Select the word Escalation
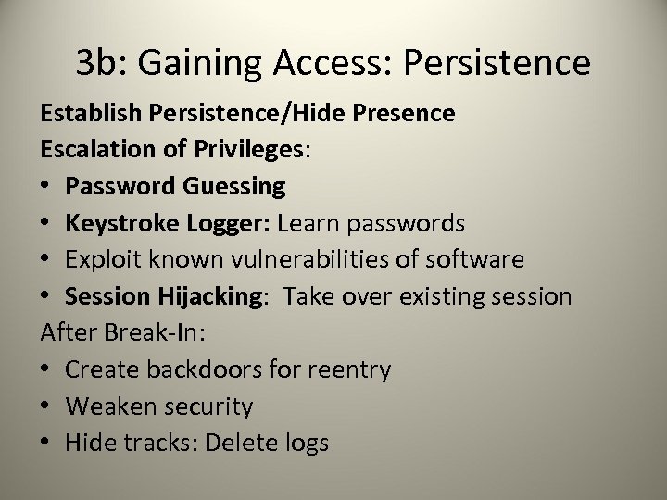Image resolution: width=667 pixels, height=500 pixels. pyautogui.click(x=87, y=150)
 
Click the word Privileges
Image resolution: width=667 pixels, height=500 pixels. pyautogui.click(x=250, y=150)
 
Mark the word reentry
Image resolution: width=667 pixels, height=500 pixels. pyautogui.click(x=347, y=369)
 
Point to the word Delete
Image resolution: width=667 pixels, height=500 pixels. pyautogui.click(x=245, y=443)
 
